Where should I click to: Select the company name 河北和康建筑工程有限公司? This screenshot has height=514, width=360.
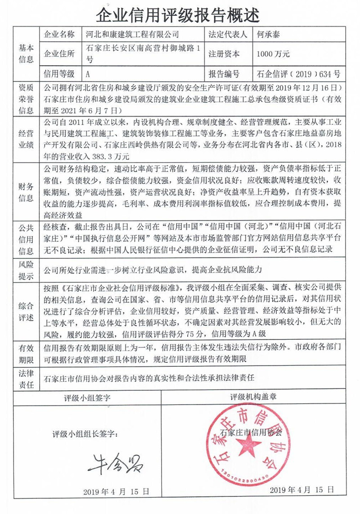tap(132, 34)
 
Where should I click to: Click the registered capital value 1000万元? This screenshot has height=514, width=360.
tap(273, 54)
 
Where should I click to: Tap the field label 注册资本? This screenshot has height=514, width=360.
tap(224, 54)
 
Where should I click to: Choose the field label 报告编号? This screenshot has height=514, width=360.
tap(224, 73)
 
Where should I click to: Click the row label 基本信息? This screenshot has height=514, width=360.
tap(26, 54)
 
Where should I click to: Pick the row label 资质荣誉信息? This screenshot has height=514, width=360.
tap(26, 99)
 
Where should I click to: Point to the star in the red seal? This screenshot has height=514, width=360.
tap(247, 444)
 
